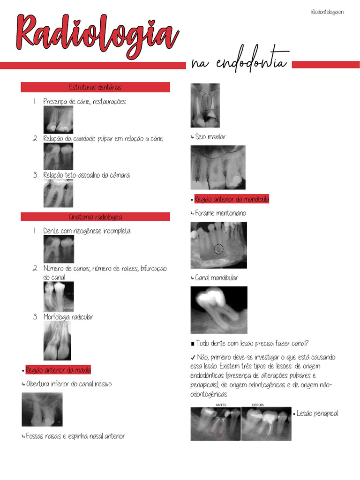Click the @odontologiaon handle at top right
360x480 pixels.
[x=327, y=12]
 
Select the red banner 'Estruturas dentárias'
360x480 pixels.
[x=95, y=88]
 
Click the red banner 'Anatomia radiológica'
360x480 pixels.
[x=95, y=217]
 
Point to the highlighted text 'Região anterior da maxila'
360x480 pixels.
[x=58, y=370]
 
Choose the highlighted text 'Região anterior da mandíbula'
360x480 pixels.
[x=232, y=199]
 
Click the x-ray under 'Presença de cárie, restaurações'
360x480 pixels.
[x=58, y=120]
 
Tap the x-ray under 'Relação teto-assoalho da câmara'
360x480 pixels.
[x=58, y=193]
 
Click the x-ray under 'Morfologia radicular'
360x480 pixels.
[x=57, y=341]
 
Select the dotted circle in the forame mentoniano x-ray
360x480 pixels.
[x=218, y=249]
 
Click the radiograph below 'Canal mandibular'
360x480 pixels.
[x=218, y=310]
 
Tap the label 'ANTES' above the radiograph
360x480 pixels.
[x=221, y=405]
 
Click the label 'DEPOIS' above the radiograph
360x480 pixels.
[x=258, y=405]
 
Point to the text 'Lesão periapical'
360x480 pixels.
[x=317, y=413]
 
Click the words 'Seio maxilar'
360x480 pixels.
[x=210, y=137]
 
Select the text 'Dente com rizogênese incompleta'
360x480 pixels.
[x=87, y=231]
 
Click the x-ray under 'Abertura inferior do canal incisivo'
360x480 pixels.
[x=42, y=409]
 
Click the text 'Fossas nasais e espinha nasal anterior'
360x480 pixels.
[x=75, y=436]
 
